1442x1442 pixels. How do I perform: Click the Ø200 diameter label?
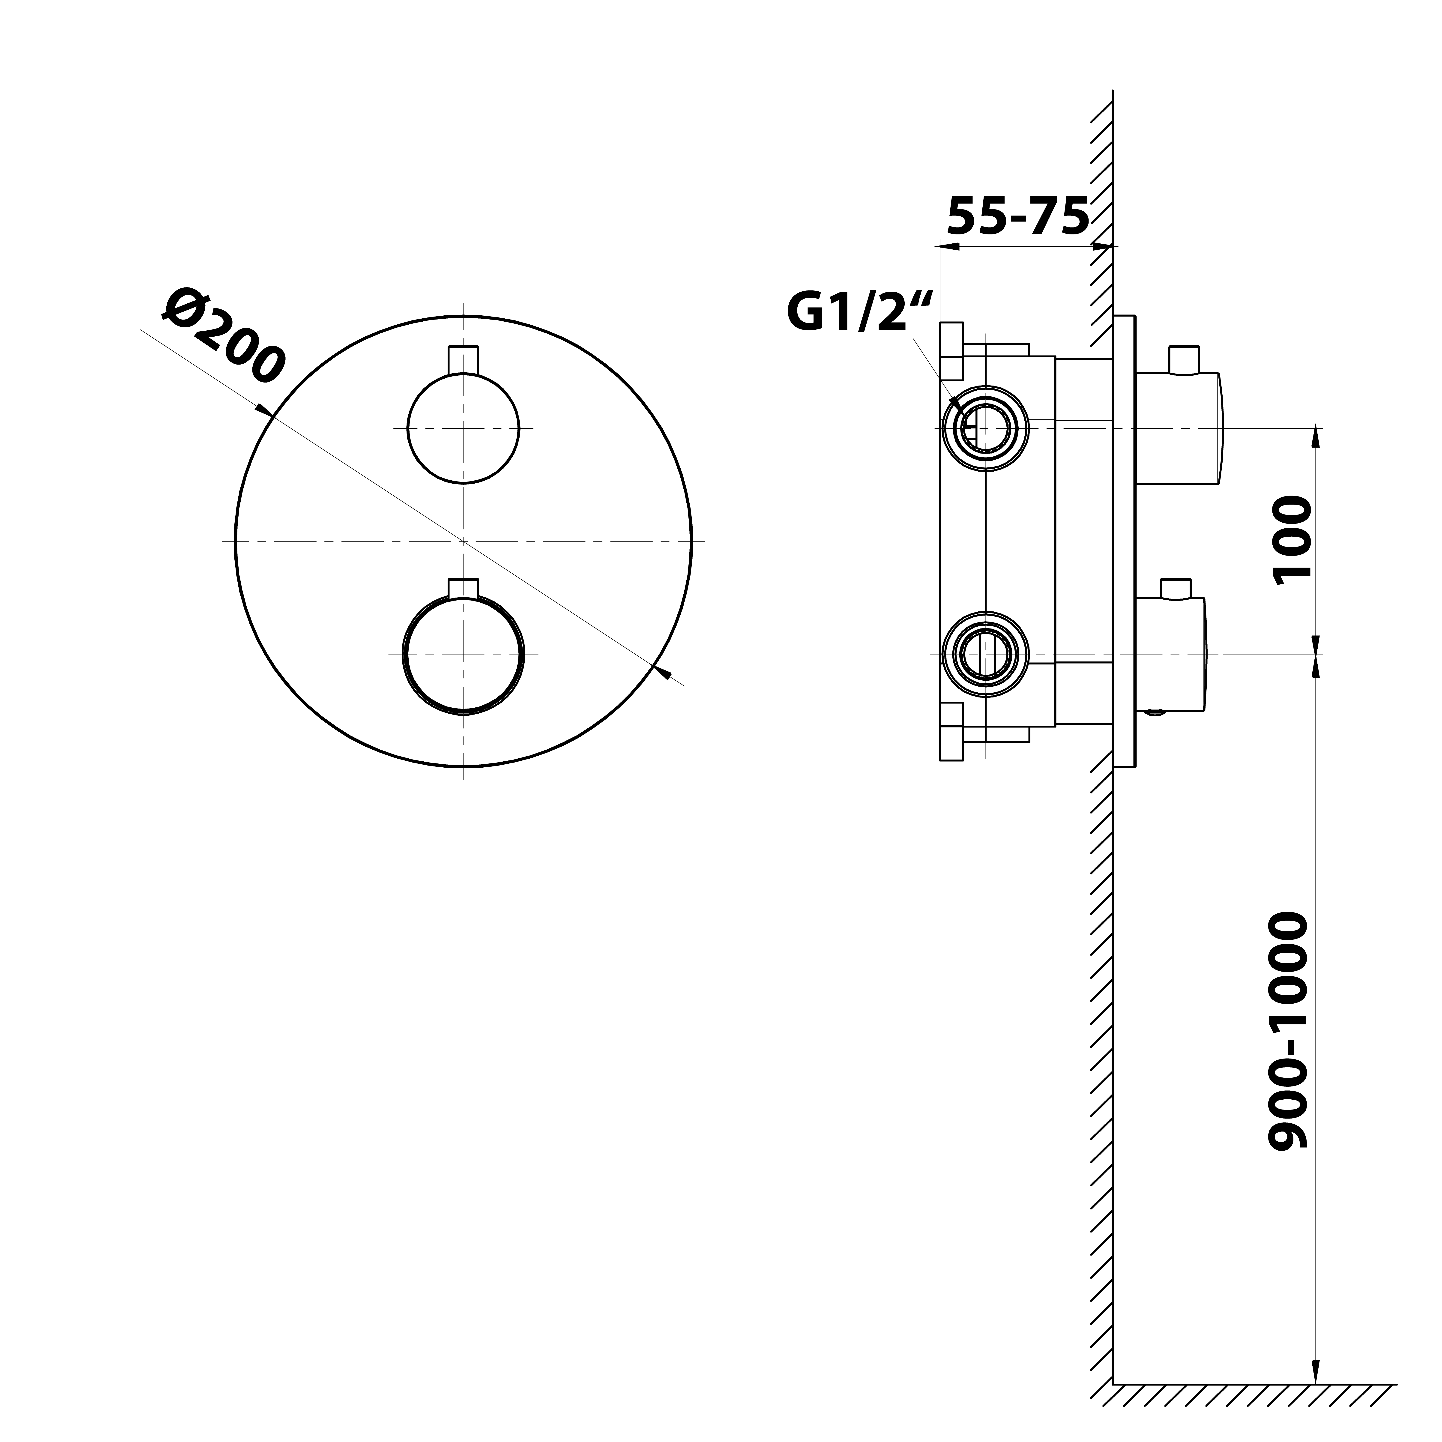[x=224, y=336]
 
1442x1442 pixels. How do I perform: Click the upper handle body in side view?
[x=1179, y=428]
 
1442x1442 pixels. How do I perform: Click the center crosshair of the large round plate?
[x=463, y=540]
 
